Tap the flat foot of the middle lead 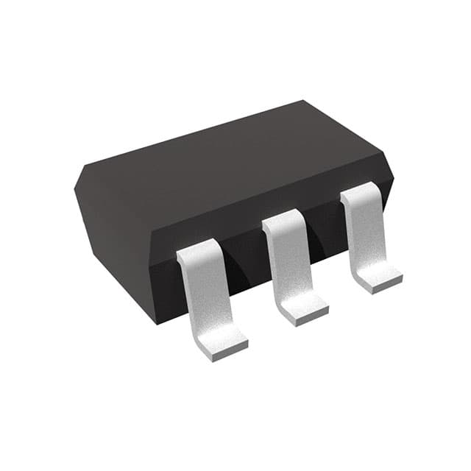coord(300,309)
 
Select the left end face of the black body coord(110,235)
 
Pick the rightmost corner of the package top coord(392,177)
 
